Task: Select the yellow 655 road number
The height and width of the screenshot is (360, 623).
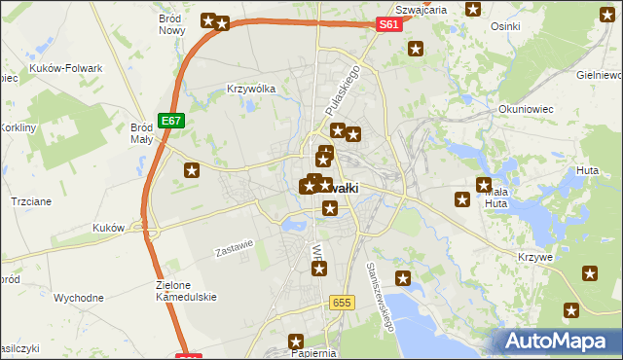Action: [340, 303]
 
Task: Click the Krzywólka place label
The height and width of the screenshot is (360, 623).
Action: [251, 88]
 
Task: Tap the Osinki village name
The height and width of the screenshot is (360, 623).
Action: [506, 27]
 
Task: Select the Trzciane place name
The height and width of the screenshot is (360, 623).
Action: [30, 199]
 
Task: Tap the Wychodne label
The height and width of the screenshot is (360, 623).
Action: [79, 297]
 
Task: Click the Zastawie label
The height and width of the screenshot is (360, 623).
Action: [235, 249]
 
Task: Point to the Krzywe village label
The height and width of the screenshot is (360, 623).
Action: [536, 258]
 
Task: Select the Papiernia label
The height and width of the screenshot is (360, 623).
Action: [312, 353]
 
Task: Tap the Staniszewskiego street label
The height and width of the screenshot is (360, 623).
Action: [380, 296]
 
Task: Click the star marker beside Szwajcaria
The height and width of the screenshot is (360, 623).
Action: [473, 10]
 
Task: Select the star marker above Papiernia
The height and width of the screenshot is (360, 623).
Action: [296, 342]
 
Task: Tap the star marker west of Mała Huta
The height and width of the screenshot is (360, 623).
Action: [462, 200]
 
